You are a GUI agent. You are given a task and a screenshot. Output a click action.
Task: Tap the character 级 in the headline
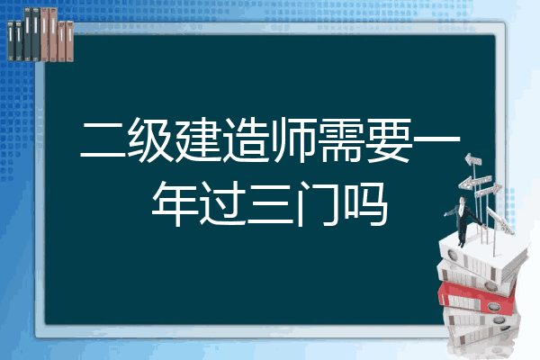[x=150, y=139]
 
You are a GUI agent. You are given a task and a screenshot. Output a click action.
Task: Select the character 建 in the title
[x=198, y=139]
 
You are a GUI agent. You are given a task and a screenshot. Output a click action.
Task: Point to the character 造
[x=246, y=139]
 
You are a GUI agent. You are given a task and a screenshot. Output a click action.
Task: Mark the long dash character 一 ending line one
[x=436, y=139]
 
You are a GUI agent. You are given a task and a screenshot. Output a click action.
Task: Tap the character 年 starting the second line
[x=175, y=203]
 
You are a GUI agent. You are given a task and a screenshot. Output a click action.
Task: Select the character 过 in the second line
[x=222, y=203]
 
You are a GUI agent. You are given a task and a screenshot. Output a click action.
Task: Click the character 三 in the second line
[x=270, y=204]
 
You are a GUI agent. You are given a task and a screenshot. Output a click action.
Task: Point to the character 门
[x=318, y=203]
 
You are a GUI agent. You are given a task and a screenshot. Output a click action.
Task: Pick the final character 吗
[x=365, y=203]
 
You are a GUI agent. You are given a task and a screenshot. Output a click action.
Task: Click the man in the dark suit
[x=463, y=220]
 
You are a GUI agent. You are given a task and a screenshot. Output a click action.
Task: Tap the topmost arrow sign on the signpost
[x=473, y=160]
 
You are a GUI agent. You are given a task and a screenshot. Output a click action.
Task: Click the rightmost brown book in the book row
[x=70, y=41]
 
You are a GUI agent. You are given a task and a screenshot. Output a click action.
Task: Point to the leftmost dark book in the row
[x=11, y=41]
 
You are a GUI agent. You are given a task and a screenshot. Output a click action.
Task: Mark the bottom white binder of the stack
[x=482, y=335]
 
